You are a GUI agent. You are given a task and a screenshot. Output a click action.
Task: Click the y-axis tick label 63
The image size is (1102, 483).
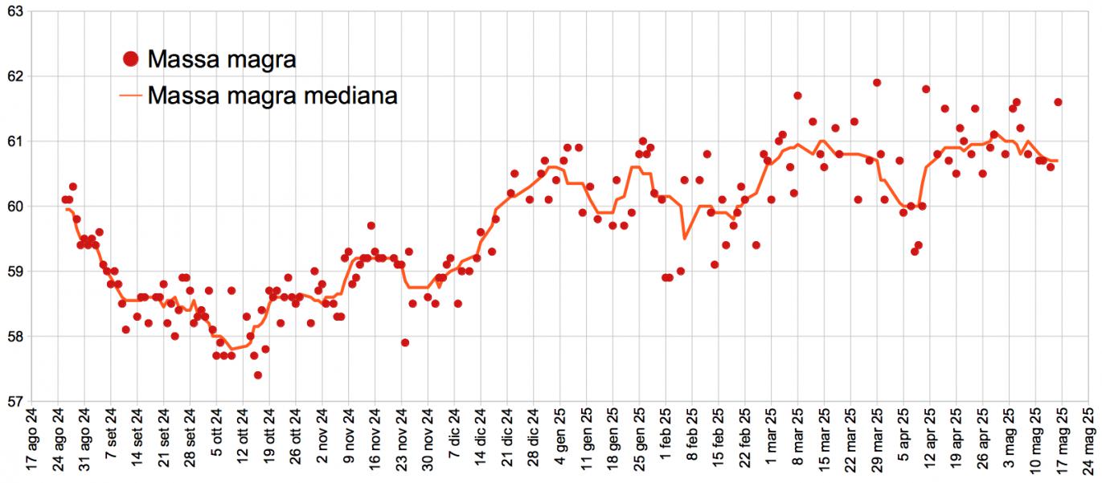pyautogui.click(x=14, y=11)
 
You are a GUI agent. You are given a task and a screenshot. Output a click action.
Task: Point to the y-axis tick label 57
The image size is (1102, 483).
pyautogui.click(x=14, y=401)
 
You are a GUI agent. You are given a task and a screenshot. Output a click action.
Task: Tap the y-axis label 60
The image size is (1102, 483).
pyautogui.click(x=14, y=207)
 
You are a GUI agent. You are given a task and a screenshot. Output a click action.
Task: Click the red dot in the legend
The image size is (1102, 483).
pyautogui.click(x=131, y=59)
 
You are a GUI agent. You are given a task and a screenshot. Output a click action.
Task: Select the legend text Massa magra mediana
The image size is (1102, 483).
pyautogui.click(x=273, y=96)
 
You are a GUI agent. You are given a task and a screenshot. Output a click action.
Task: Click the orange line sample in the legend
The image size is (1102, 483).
pyautogui.click(x=131, y=96)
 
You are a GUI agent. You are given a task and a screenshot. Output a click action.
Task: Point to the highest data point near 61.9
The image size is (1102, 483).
pyautogui.click(x=877, y=83)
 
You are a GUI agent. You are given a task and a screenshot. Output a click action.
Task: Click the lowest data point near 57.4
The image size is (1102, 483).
pyautogui.click(x=257, y=375)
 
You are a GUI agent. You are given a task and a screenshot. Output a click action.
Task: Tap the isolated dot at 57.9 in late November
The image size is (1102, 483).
pyautogui.click(x=405, y=342)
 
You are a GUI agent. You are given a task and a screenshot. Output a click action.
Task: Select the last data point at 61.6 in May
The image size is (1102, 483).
pyautogui.click(x=1058, y=102)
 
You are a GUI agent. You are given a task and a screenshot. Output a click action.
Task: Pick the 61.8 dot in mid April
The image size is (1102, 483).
pyautogui.click(x=926, y=89)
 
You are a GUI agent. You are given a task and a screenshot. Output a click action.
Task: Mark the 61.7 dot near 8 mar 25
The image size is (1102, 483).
pyautogui.click(x=797, y=96)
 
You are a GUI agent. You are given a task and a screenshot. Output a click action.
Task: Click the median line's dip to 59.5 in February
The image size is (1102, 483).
pyautogui.click(x=685, y=239)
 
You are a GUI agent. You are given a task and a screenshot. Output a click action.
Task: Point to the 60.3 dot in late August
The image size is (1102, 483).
pyautogui.click(x=72, y=186)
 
